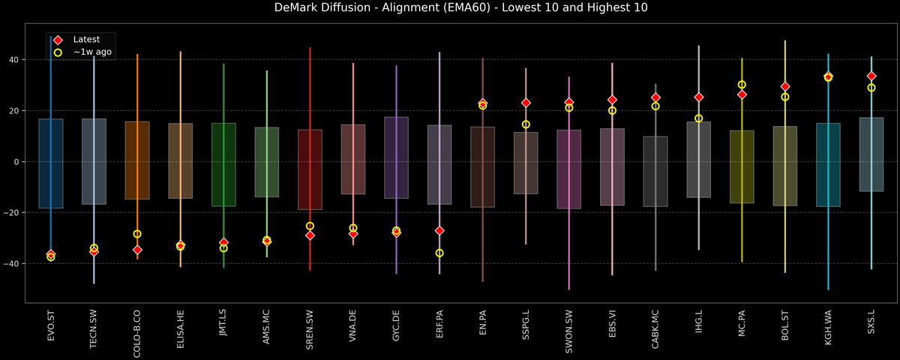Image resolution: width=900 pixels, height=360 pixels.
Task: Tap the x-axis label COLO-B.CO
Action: tap(137, 334)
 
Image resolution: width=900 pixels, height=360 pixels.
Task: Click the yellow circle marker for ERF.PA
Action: tap(439, 253)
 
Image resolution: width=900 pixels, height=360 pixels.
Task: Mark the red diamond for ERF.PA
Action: tap(439, 230)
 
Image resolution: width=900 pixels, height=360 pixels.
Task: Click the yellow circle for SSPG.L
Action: tap(526, 124)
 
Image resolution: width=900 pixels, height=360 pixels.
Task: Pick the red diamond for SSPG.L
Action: tap(526, 103)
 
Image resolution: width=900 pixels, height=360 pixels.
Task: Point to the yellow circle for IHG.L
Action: tap(699, 118)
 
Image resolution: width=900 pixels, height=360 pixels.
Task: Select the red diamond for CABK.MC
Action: tap(655, 97)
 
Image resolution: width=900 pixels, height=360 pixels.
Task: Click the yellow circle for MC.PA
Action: tap(742, 85)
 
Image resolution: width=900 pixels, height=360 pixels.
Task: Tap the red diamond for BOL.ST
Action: tap(785, 87)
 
